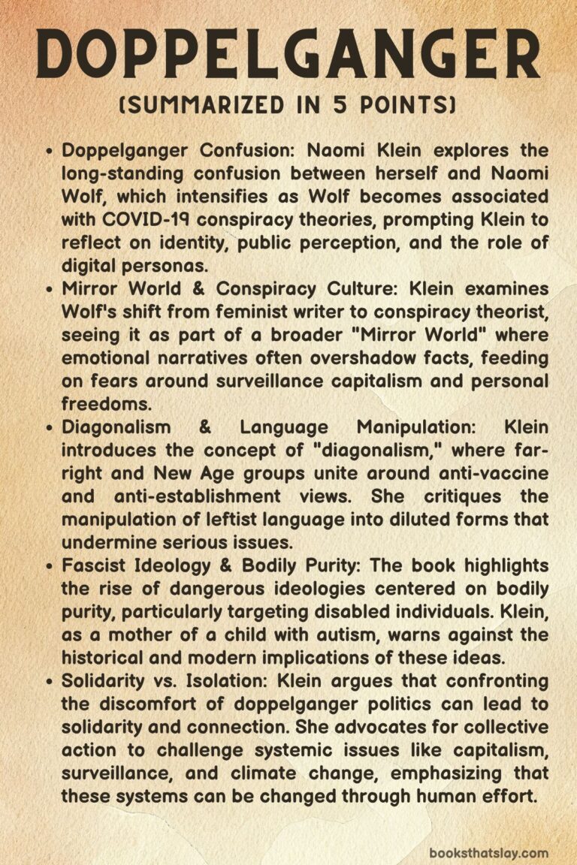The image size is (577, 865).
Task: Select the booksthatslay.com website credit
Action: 488,853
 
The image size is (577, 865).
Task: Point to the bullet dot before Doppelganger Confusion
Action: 49,152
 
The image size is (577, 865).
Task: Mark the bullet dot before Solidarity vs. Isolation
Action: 49,682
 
